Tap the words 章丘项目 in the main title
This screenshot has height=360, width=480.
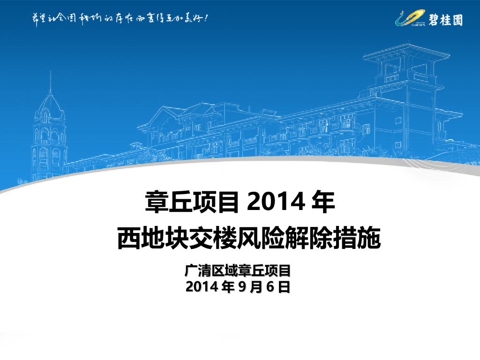192,202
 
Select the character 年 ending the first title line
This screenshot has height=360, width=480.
323,202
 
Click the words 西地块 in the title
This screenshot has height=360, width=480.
156,239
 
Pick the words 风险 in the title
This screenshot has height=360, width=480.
270,239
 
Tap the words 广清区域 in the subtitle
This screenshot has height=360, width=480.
211,271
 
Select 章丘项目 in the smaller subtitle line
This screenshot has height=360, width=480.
265,271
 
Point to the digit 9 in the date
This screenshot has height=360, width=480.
241,287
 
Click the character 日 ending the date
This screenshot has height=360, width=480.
284,287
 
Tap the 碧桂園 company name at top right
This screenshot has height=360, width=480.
445,19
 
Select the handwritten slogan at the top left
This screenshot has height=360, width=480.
120,19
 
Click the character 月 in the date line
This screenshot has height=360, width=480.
255,287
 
